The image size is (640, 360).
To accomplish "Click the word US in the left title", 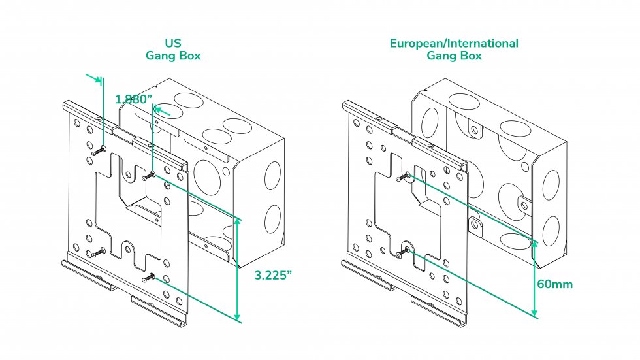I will [x=173, y=43].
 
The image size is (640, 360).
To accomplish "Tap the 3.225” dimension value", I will [x=273, y=274].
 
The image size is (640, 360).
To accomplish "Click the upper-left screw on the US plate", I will [x=99, y=150].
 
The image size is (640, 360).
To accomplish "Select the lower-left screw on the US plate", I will [x=99, y=252].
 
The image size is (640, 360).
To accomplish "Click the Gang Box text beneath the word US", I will [x=173, y=56].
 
